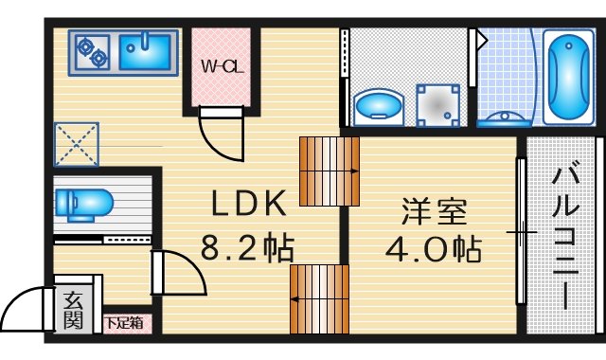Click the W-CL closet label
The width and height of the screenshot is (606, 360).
pyautogui.click(x=223, y=67)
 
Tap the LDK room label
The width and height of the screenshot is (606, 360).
pyautogui.click(x=249, y=203)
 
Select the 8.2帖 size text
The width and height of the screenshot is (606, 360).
pyautogui.click(x=248, y=248)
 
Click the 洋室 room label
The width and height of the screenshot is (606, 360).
pyautogui.click(x=435, y=211)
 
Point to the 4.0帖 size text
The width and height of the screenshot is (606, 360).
pyautogui.click(x=434, y=248)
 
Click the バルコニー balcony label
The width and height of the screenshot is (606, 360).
pyautogui.click(x=565, y=239)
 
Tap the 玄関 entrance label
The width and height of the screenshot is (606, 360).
pyautogui.click(x=74, y=310)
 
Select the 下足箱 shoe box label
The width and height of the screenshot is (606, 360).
pyautogui.click(x=124, y=322)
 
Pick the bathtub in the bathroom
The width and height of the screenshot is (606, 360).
pyautogui.click(x=568, y=78)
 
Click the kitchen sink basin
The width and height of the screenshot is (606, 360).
pyautogui.click(x=145, y=52)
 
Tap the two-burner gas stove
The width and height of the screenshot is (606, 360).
pyautogui.click(x=93, y=53)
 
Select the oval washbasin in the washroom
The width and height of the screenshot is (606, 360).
pyautogui.click(x=379, y=108)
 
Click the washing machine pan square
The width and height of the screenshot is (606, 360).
pyautogui.click(x=437, y=105)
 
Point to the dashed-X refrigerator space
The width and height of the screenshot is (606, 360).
pyautogui.click(x=77, y=144)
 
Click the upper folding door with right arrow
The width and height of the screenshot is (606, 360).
pyautogui.click(x=330, y=171)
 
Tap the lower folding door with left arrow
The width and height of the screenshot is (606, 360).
pyautogui.click(x=320, y=299)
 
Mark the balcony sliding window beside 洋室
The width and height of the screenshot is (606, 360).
pyautogui.click(x=522, y=231)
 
